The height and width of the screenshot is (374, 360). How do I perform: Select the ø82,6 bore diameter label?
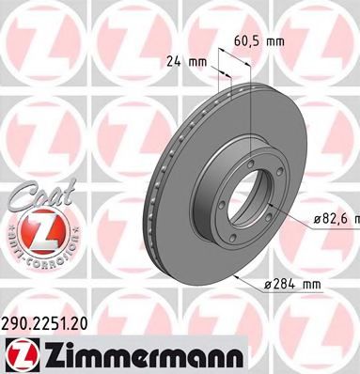click(x=335, y=218)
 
